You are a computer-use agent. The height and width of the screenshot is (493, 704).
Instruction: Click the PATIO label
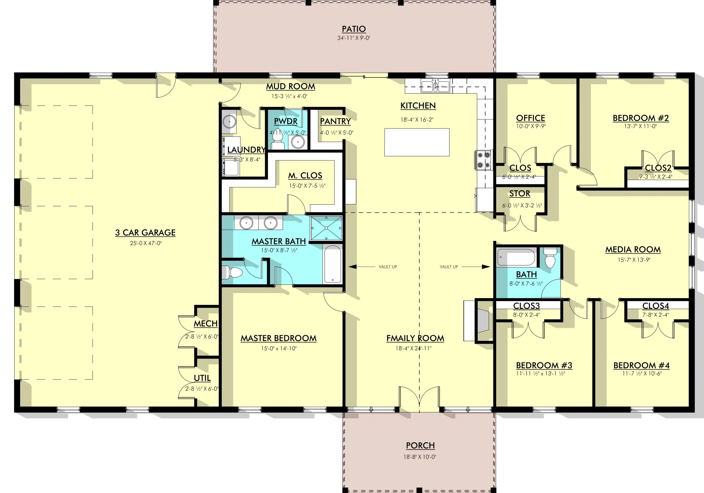click(354, 29)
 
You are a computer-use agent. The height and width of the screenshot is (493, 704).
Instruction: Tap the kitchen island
click(417, 142)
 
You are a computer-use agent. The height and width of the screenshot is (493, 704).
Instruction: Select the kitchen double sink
click(435, 86)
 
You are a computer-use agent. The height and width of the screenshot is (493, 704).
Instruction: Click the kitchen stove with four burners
click(483, 160)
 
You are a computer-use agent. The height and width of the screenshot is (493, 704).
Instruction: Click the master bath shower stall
click(326, 228)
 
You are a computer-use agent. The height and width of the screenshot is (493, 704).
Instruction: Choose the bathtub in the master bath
click(333, 264)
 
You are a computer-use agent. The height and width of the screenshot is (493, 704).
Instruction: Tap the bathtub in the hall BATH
click(516, 257)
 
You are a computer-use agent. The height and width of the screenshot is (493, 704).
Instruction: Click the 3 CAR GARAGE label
click(145, 233)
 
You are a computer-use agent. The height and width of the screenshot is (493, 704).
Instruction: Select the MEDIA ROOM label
click(633, 250)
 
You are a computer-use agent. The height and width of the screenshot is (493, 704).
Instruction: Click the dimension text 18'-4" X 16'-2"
click(417, 120)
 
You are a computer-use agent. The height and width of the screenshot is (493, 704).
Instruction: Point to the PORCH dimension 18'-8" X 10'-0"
click(419, 457)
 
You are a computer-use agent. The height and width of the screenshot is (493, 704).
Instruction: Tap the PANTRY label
click(335, 122)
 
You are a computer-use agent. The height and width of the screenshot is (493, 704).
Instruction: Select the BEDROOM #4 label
click(642, 365)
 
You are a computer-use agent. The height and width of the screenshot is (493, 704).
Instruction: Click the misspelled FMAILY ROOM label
click(415, 338)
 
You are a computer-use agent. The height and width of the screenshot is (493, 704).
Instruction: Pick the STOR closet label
click(520, 194)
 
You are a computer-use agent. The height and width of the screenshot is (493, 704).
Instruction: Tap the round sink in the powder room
click(298, 142)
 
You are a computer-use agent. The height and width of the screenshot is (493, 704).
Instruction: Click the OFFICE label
click(530, 118)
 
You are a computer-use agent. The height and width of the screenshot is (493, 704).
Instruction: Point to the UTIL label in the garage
click(202, 378)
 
